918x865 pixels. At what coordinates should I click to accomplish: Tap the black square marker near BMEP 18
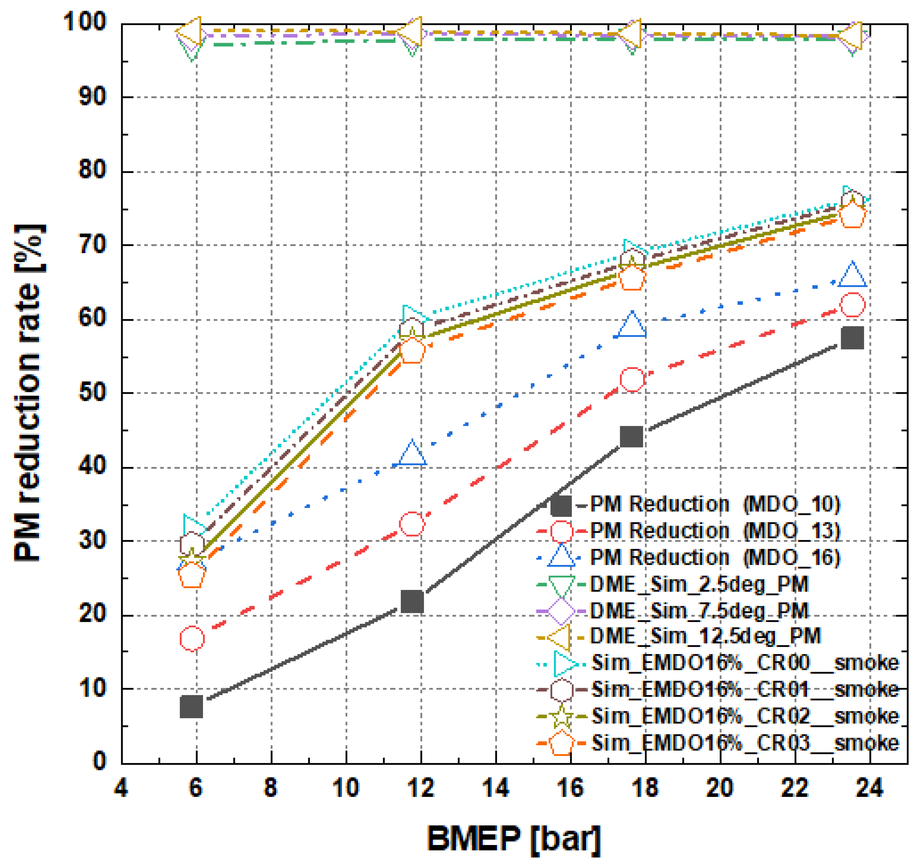pos(632,436)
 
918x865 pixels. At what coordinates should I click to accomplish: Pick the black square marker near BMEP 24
pos(852,338)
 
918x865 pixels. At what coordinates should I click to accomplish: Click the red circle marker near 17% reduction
pos(192,639)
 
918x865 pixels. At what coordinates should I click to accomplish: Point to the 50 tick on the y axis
pos(92,393)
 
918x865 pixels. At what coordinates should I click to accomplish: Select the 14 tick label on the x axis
pos(495,787)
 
